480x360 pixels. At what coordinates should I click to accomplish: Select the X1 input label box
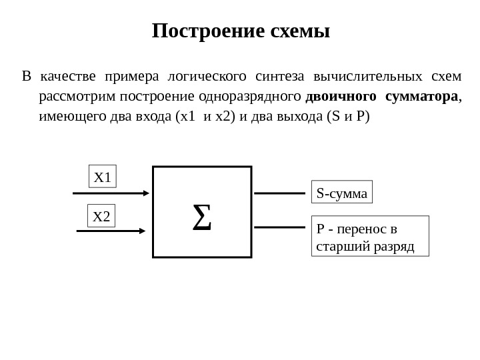point(103,178)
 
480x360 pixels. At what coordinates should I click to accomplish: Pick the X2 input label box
point(103,216)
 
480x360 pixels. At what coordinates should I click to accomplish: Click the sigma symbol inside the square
point(201,218)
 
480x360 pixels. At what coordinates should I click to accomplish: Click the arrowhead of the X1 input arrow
point(147,193)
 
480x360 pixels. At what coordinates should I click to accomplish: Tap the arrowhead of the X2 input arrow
point(141,231)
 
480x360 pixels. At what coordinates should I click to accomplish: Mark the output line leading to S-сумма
point(280,193)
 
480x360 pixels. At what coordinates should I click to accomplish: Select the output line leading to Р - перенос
point(280,227)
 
